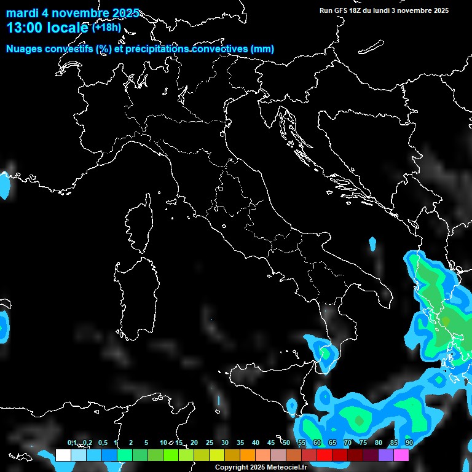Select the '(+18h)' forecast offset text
point(107,27)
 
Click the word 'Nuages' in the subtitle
point(24,49)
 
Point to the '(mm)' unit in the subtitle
point(262,49)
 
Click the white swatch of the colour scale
point(63,455)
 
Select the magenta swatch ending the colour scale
point(401,455)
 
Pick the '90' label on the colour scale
point(409,443)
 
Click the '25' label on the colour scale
point(210,443)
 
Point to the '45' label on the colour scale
point(271,443)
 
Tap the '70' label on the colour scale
point(348,443)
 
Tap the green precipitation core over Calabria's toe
point(324,353)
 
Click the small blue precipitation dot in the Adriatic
point(372,244)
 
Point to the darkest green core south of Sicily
point(358,420)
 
